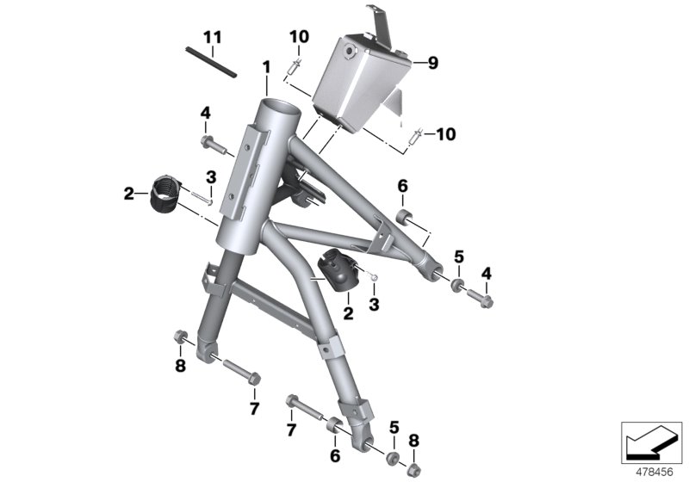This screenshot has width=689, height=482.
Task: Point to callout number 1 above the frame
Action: point(267,66)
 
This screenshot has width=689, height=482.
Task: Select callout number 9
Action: point(432,62)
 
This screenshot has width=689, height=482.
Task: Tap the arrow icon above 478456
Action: point(648,443)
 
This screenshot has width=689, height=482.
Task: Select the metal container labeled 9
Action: point(357,82)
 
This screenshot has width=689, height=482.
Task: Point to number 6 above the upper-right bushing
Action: point(401,186)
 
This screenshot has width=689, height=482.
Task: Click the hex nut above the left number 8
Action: point(180,336)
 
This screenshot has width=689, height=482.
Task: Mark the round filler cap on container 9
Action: point(349,54)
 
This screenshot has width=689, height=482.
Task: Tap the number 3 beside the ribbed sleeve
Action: point(209,177)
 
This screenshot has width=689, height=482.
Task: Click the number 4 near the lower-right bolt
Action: point(487,274)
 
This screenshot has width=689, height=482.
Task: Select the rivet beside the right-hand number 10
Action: point(418,134)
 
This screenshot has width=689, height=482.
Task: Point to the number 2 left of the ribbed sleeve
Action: point(129,195)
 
